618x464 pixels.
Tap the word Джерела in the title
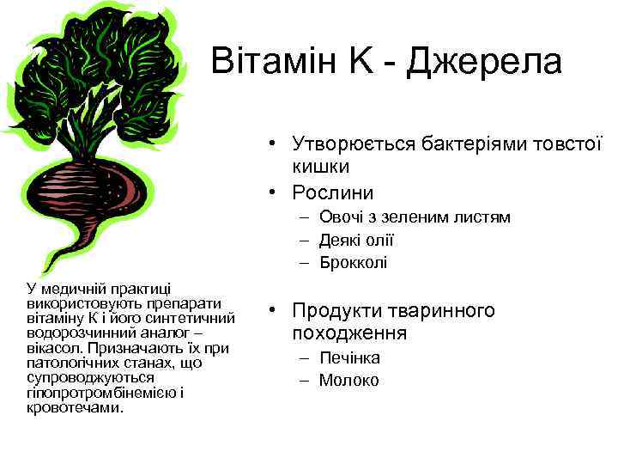pyautogui.click(x=485, y=61)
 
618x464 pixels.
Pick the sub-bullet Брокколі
pyautogui.click(x=353, y=262)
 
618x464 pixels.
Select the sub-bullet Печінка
pyautogui.click(x=349, y=357)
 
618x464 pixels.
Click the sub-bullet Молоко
pyautogui.click(x=348, y=380)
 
